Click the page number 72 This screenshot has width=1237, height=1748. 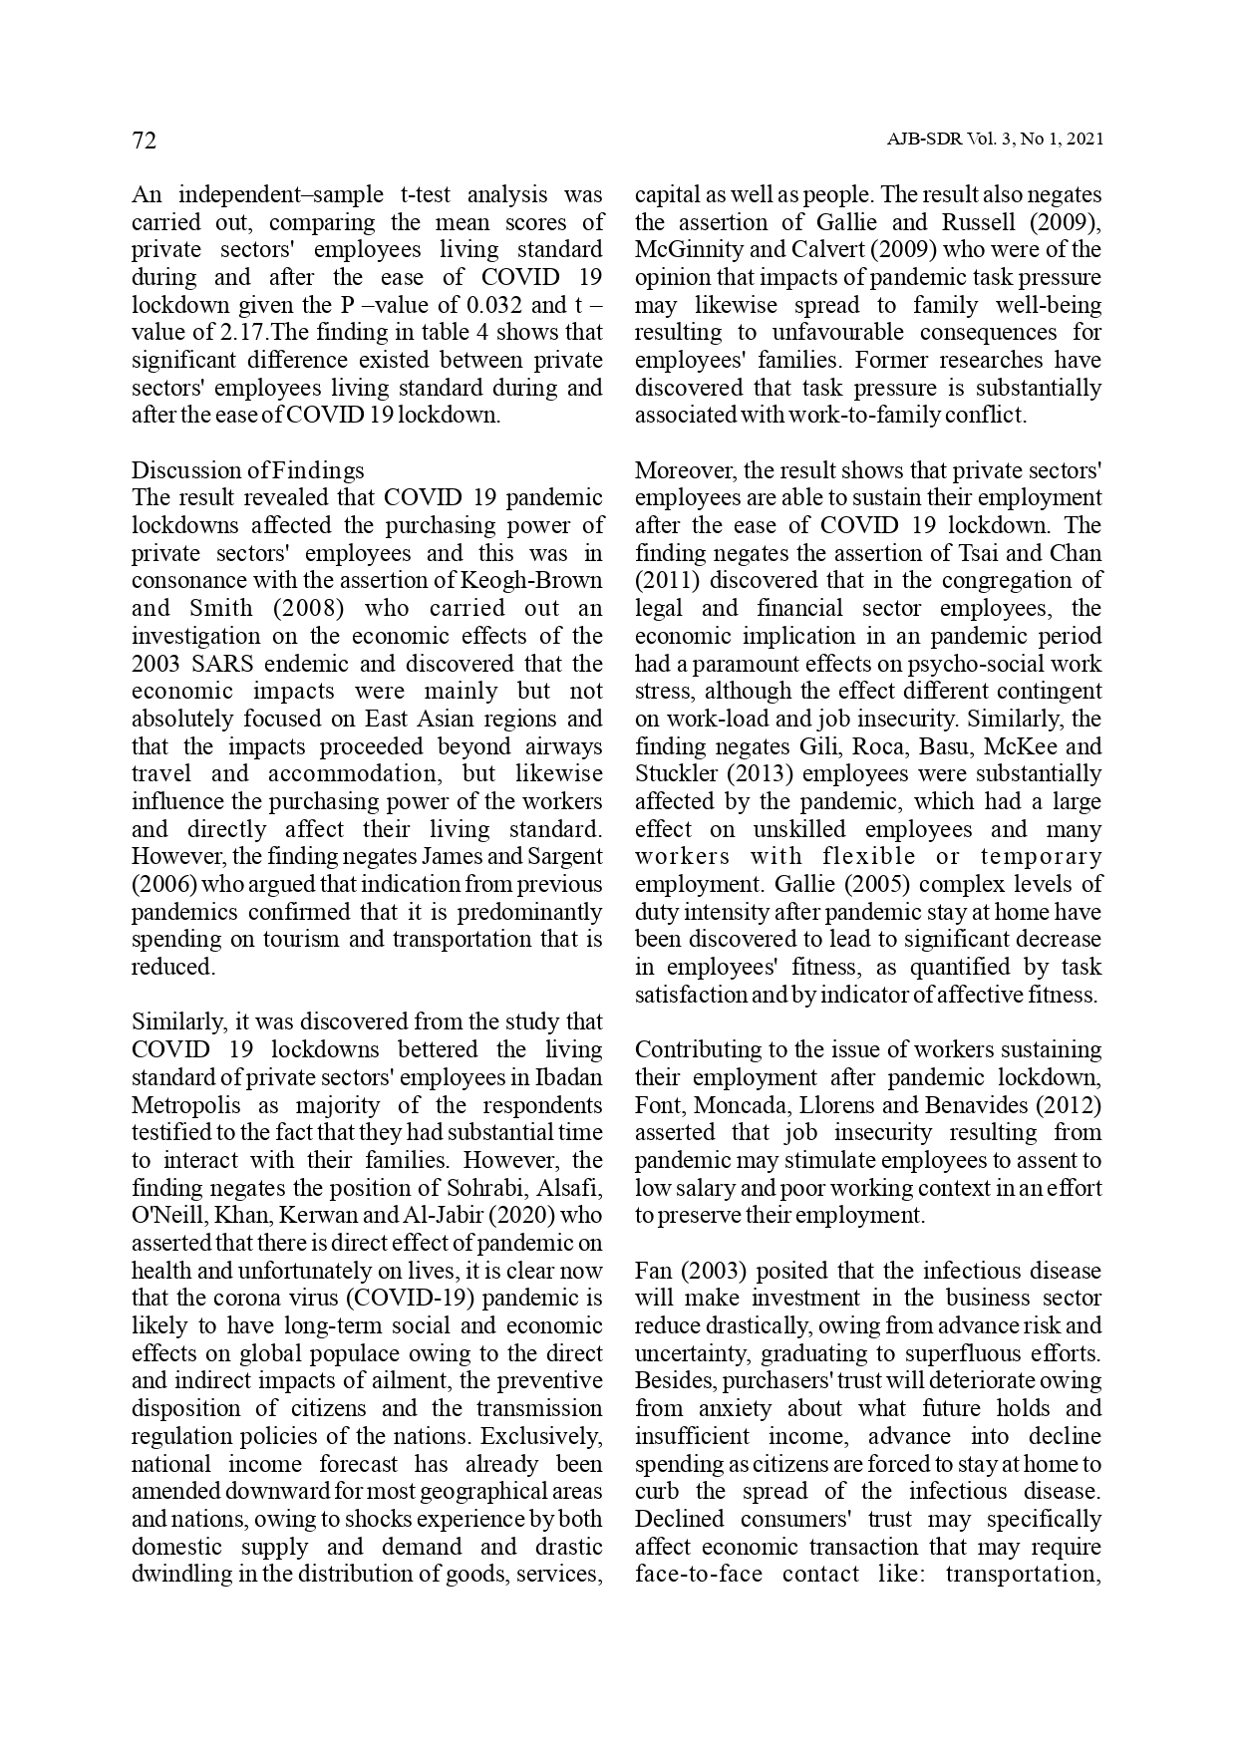point(145,141)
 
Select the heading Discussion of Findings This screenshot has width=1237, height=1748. point(248,470)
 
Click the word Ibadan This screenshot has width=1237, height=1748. point(568,1077)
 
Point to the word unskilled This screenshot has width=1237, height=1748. point(799,829)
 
